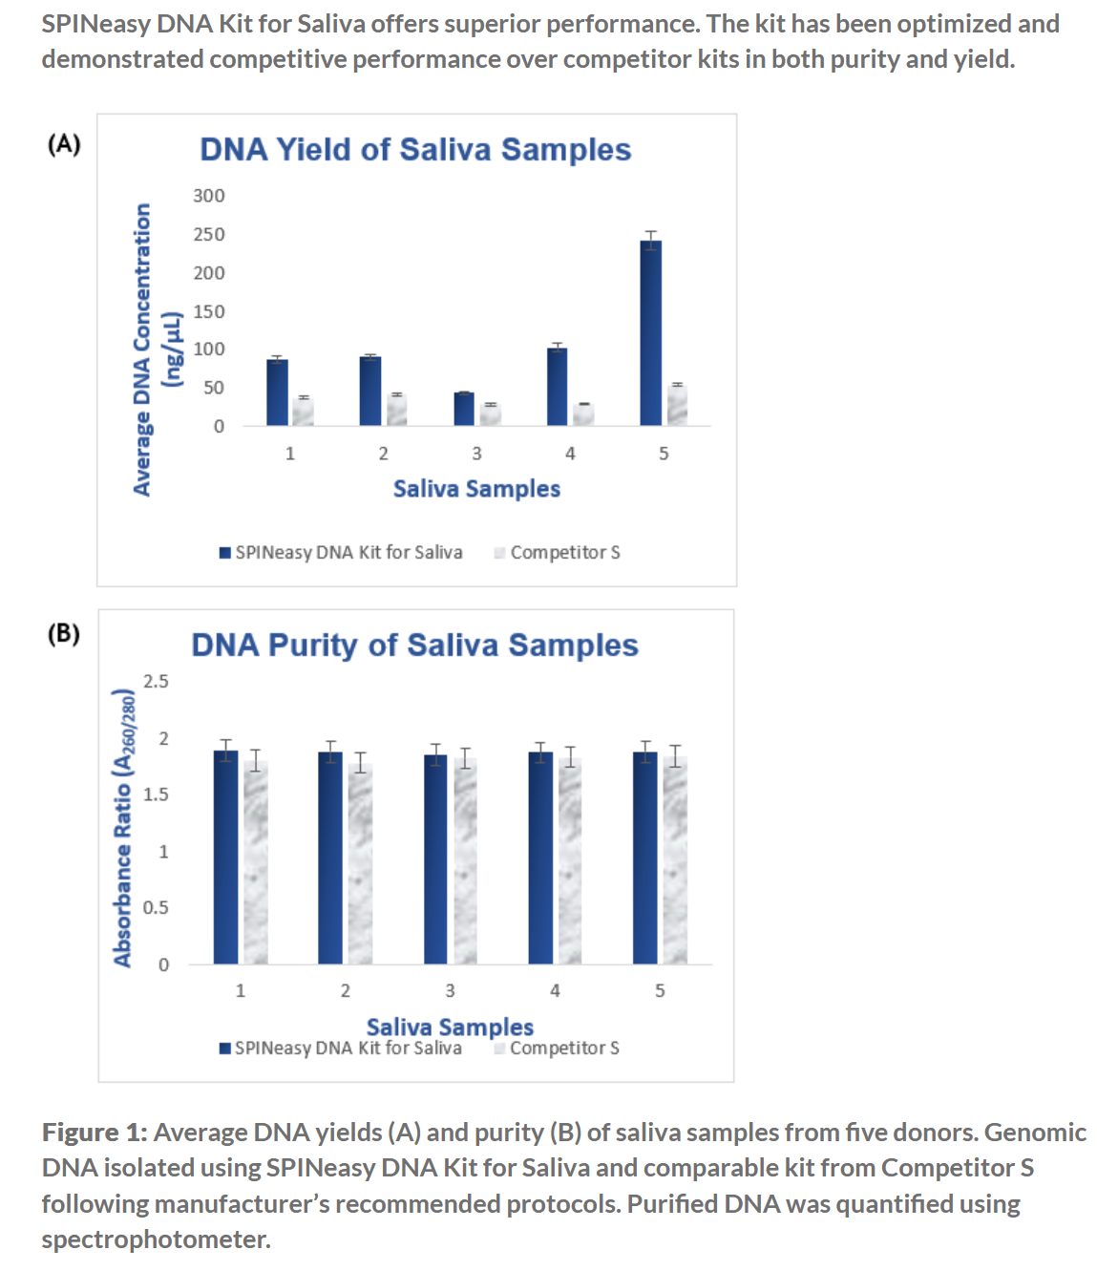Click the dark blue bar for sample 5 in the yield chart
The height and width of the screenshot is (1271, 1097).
(x=650, y=334)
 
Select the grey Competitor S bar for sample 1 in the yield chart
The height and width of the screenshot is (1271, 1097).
(x=303, y=412)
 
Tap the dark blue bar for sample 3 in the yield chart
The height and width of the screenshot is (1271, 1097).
(x=464, y=409)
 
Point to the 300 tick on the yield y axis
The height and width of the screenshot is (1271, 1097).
(x=209, y=196)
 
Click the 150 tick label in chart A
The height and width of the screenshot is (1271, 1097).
(x=209, y=311)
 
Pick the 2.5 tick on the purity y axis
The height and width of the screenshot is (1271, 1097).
(x=156, y=681)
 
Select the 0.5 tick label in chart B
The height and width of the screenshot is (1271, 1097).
(x=156, y=907)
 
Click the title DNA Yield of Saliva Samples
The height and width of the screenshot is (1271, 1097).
(x=415, y=150)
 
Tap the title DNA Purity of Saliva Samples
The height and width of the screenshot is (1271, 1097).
(x=414, y=646)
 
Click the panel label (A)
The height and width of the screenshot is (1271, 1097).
(x=64, y=144)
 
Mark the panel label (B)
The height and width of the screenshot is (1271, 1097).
(x=64, y=633)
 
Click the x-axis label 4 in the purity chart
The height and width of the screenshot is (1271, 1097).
(x=555, y=991)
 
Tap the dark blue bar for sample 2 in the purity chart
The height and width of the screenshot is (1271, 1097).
(x=330, y=859)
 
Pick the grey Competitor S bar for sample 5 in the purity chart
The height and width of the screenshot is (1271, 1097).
(x=675, y=859)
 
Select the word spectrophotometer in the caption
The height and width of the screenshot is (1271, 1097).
(x=156, y=1239)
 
